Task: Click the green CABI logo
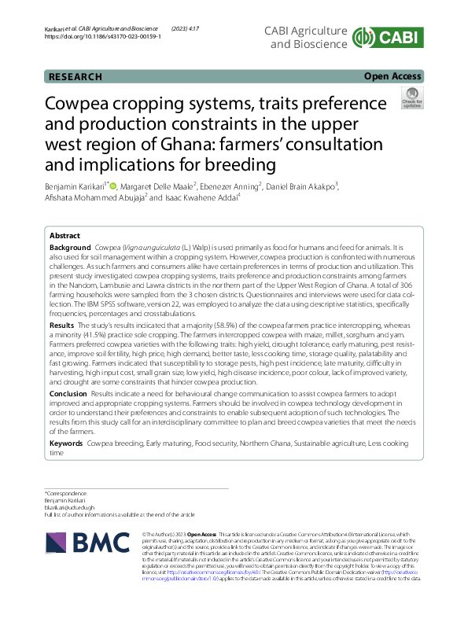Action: tap(389, 38)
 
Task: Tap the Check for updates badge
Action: tap(411, 100)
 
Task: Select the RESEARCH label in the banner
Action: tap(76, 76)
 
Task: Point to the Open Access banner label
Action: tap(392, 76)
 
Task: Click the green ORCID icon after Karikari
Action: tap(112, 186)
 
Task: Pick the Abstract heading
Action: tap(65, 236)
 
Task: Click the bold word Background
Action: tap(69, 247)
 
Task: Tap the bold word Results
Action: tap(62, 324)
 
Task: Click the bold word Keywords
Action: tap(67, 444)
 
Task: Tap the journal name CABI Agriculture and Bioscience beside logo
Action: tap(308, 37)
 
